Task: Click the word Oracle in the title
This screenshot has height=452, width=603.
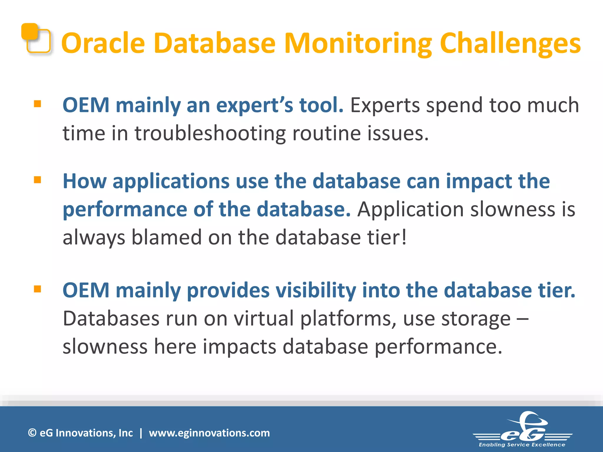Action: (x=103, y=43)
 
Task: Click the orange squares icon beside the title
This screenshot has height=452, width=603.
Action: (x=36, y=38)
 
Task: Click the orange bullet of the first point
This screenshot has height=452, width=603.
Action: (x=37, y=104)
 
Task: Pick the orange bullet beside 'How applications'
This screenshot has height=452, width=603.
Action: (x=37, y=180)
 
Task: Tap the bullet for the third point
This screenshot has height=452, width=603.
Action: (x=37, y=289)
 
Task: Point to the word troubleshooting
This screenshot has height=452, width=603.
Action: (x=210, y=133)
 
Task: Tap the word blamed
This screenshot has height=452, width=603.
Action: (x=166, y=237)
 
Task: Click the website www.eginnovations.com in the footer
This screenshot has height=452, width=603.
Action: (x=209, y=433)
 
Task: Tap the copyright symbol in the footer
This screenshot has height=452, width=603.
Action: (x=32, y=433)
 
